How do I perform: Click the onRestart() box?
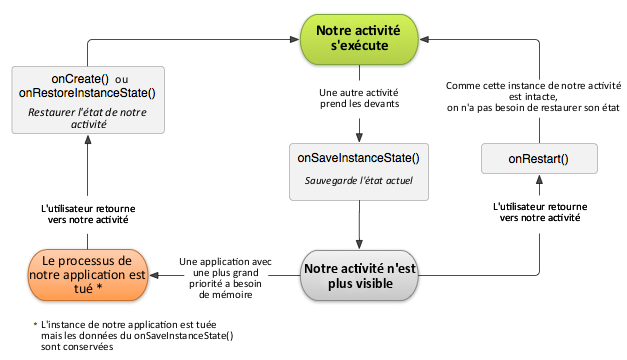(538, 158)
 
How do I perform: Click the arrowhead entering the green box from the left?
(296, 40)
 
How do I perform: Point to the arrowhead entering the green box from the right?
(425, 40)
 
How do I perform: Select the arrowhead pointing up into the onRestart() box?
(538, 179)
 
